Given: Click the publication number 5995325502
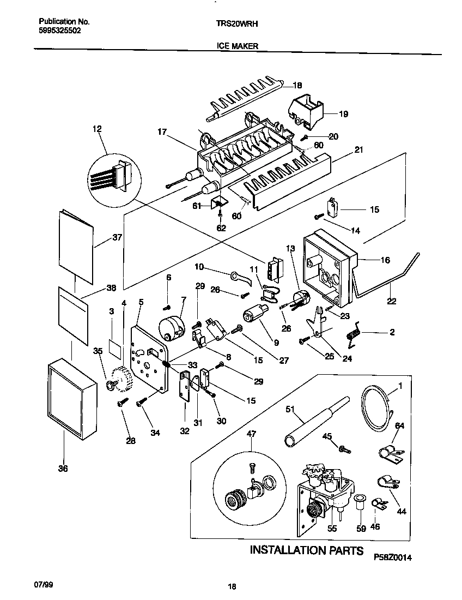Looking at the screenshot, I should tap(60, 32).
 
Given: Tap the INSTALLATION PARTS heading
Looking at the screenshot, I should tap(306, 549).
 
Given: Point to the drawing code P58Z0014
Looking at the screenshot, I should tap(393, 557).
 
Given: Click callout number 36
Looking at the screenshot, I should tap(63, 468).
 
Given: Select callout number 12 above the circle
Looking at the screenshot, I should tap(97, 129).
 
